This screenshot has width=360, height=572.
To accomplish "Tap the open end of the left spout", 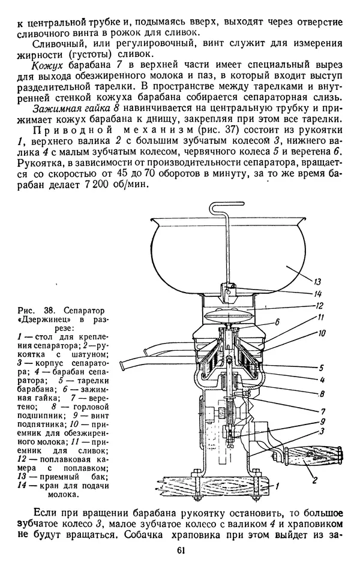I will coord(124,365).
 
